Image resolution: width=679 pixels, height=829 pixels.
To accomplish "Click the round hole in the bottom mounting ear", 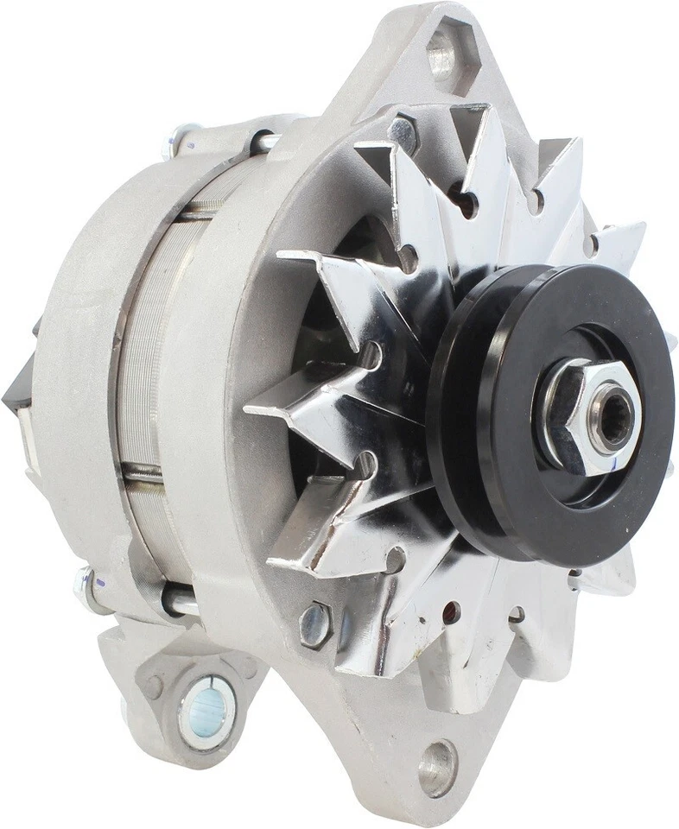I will [437, 766].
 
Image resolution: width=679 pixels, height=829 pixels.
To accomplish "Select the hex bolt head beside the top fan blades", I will [403, 132].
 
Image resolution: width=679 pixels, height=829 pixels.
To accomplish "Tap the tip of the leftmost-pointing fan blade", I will [251, 407].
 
